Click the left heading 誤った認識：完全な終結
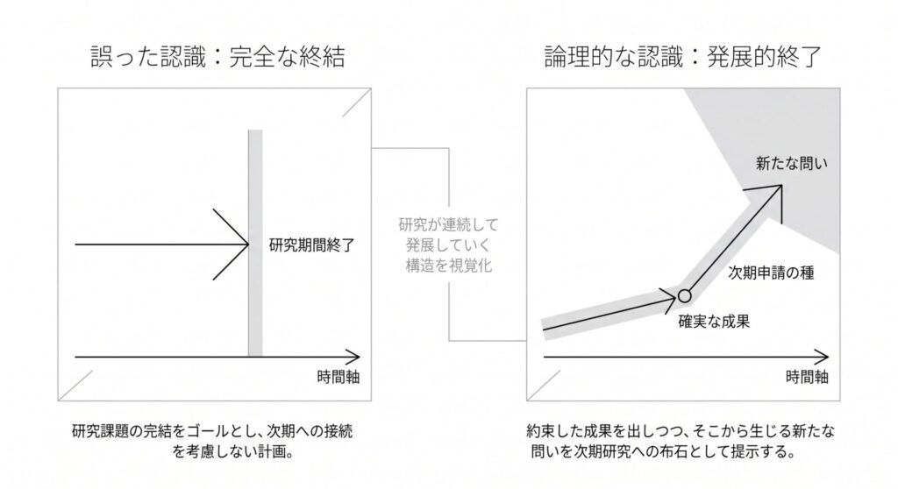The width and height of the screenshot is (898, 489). pyautogui.click(x=217, y=57)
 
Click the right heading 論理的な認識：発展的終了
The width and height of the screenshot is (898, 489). pyautogui.click(x=683, y=57)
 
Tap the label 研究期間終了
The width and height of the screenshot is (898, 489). pyautogui.click(x=312, y=245)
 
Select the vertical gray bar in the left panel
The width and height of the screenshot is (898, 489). pyautogui.click(x=255, y=243)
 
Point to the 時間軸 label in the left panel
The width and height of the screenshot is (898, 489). pyautogui.click(x=339, y=377)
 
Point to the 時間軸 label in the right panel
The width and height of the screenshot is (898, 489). pyautogui.click(x=807, y=377)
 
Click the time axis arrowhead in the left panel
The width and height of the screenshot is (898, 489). pyautogui.click(x=353, y=357)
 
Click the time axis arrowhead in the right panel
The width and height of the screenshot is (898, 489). pyautogui.click(x=821, y=357)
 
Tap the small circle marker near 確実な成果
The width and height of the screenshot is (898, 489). pyautogui.click(x=684, y=296)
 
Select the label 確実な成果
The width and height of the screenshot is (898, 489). pyautogui.click(x=714, y=322)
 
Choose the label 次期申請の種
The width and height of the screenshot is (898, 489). pyautogui.click(x=771, y=273)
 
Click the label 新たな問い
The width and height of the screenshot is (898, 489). pyautogui.click(x=792, y=164)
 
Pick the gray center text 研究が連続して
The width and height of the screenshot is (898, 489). pyautogui.click(x=448, y=224)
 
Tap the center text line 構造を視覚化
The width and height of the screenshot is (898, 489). pyautogui.click(x=448, y=266)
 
